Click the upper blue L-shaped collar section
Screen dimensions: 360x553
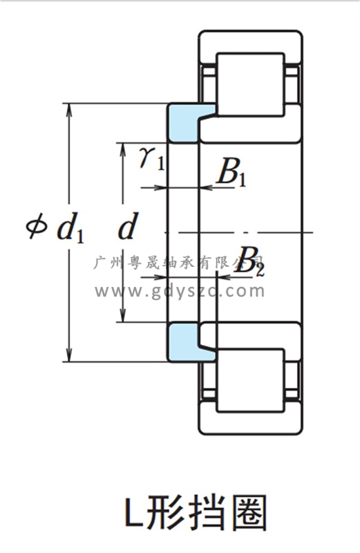[182, 124]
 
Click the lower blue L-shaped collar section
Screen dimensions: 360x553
[182, 342]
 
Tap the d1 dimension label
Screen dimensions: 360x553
[70, 230]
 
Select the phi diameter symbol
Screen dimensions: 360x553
[37, 226]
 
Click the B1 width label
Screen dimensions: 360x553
[231, 172]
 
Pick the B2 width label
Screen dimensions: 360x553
[249, 262]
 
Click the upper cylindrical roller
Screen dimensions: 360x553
[250, 84]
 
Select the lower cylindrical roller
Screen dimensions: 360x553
[250, 381]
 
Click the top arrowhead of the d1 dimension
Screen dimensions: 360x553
[69, 110]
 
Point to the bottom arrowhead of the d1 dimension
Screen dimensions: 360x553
[69, 355]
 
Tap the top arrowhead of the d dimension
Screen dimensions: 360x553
[123, 149]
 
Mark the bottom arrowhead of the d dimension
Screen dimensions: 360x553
[123, 316]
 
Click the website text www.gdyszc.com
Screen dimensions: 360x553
[180, 291]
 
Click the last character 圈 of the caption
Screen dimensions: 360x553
[250, 512]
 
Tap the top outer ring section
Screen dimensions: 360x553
[250, 48]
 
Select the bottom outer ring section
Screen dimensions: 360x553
[250, 418]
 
